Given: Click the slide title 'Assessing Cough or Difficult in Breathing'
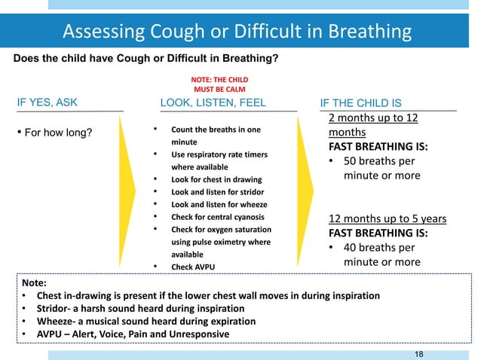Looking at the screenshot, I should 237,32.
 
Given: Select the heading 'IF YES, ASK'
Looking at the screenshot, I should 47,103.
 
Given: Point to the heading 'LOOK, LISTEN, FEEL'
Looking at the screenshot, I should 214,103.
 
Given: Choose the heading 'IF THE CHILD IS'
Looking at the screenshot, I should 361,103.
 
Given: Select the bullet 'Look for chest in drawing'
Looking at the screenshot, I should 216,179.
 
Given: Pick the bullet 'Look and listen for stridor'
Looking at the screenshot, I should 219,192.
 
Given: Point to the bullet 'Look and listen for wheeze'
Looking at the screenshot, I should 219,204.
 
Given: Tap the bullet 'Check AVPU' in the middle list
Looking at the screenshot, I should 192,267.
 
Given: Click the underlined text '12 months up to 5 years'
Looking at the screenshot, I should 388,219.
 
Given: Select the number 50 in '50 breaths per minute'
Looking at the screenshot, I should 352,161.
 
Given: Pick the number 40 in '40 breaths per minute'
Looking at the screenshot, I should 352,247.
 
